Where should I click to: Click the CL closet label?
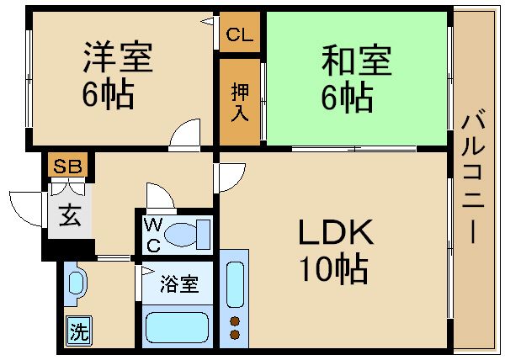click(x=240, y=34)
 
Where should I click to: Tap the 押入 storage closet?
click(x=240, y=102)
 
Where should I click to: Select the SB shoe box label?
click(x=67, y=166)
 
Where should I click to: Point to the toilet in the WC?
click(x=188, y=235)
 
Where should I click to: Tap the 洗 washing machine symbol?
click(x=79, y=331)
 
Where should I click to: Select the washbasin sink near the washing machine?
click(x=76, y=283)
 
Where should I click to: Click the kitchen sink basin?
click(x=235, y=284)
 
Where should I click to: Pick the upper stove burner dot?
click(x=235, y=321)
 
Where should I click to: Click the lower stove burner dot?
click(x=235, y=335)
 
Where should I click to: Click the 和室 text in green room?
click(x=357, y=61)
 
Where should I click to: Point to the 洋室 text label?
click(x=118, y=56)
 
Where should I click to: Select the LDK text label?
click(x=336, y=231)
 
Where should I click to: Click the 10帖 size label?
click(x=334, y=270)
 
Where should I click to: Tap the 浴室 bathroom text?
click(x=179, y=284)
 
